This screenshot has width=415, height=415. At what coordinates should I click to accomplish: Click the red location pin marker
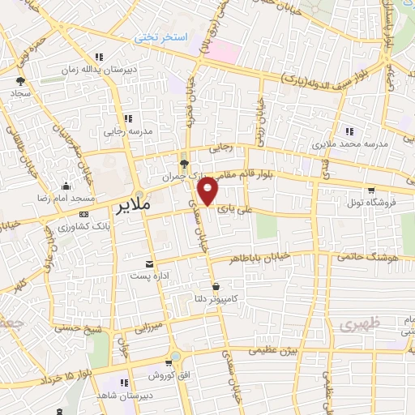pos(208,192)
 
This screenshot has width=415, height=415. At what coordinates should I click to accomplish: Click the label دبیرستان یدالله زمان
pos(98,71)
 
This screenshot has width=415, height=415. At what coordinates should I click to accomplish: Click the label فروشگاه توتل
pos(371,201)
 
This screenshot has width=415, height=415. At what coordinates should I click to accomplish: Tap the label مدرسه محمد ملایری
pos(350,143)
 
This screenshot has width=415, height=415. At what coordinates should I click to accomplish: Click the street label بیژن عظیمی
pos(274,350)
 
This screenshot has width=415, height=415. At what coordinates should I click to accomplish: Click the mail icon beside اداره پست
pos(148,264)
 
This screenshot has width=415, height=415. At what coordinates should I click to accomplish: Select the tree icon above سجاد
pos(21,81)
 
